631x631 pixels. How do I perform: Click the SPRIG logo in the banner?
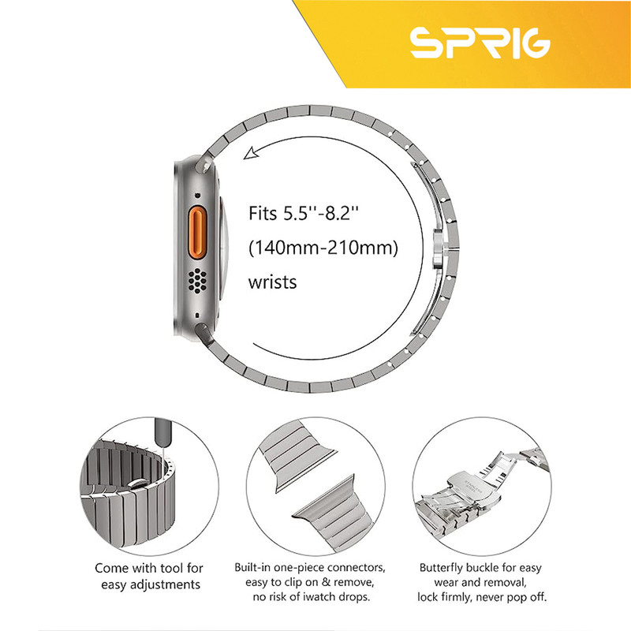click(480, 43)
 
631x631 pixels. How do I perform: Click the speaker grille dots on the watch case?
click(198, 280)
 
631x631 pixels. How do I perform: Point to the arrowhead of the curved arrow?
click(250, 153)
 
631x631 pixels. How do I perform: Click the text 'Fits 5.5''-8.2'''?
click(304, 213)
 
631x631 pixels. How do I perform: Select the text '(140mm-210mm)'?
click(323, 248)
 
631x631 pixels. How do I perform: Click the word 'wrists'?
click(272, 282)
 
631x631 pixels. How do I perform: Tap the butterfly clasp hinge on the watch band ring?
click(439, 248)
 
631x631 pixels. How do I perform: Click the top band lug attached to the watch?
click(204, 164)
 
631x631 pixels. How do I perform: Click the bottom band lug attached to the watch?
click(204, 332)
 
